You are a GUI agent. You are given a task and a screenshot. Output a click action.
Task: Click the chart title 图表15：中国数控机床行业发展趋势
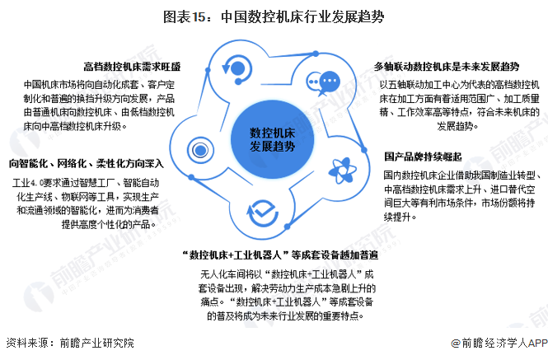click(274, 16)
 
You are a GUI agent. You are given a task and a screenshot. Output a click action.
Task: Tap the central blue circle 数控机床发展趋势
click(273, 138)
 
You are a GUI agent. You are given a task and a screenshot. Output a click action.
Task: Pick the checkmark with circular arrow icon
click(261, 212)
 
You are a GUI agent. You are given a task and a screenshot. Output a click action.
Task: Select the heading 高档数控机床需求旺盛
click(133, 66)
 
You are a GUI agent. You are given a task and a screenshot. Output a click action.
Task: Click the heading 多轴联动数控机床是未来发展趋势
click(446, 66)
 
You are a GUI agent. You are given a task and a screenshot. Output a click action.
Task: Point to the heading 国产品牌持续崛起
click(423, 157)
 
